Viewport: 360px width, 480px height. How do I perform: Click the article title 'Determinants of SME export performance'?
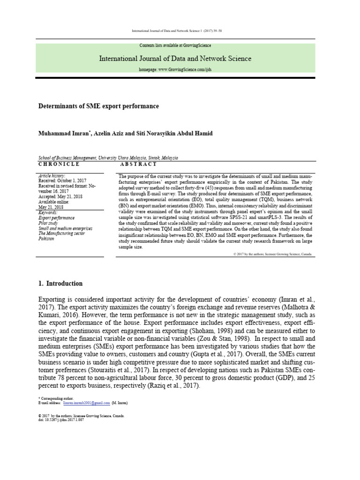pos(98,106)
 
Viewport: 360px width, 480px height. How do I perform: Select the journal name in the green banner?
pos(175,59)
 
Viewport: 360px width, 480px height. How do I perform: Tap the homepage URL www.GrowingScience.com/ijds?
pos(175,69)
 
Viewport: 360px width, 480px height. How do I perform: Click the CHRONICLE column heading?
pos(59,165)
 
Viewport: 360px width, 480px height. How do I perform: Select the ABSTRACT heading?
pos(138,165)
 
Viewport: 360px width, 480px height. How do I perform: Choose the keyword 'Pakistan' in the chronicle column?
pos(47,239)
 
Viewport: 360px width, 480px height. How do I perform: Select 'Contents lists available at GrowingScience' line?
pos(175,45)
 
